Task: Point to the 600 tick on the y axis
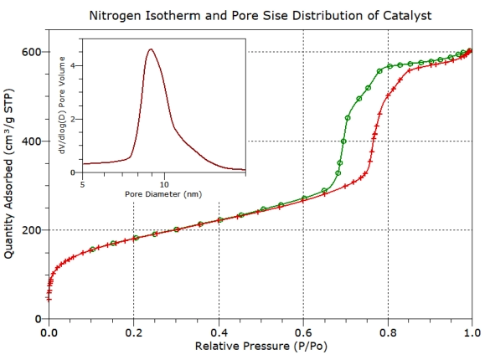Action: coord(31,52)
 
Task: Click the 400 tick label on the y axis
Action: coord(31,141)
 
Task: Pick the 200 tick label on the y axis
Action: coord(31,230)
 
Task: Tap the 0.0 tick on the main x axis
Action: coord(49,332)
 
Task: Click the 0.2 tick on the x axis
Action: coord(133,332)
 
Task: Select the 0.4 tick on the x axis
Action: coord(218,332)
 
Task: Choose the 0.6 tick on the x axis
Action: coord(302,332)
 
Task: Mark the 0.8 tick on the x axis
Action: coord(388,332)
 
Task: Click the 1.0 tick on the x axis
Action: coord(472,332)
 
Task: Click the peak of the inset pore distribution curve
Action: coord(151,49)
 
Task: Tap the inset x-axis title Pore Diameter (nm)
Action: coord(163,193)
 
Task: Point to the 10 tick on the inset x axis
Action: coord(164,182)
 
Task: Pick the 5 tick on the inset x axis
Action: coord(82,182)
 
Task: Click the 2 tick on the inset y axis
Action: coord(74,119)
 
